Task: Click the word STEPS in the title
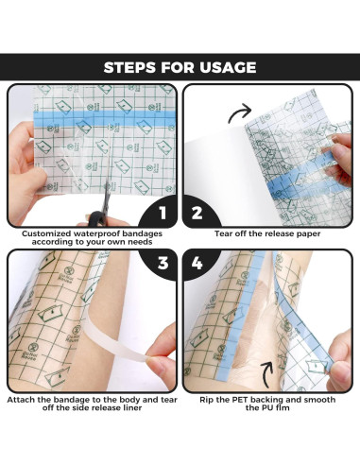pos(129,67)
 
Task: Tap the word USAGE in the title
pos(228,67)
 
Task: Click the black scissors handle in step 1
pos(97,218)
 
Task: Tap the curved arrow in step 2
pos(239,113)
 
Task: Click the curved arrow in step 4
pos(266,374)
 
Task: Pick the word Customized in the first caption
pos(46,233)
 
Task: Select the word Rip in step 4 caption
pos(206,400)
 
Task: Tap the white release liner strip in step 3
pos(116,342)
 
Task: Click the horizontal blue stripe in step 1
pos(104,118)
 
